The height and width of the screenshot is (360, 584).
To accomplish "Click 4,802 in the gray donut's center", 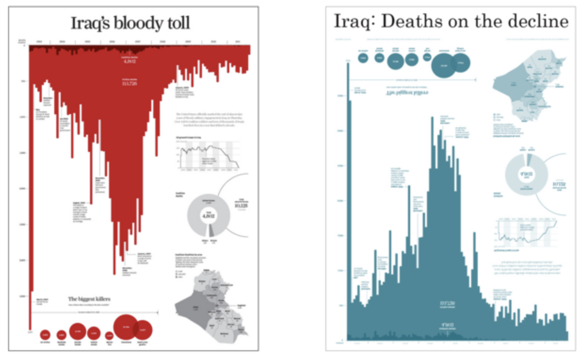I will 209,216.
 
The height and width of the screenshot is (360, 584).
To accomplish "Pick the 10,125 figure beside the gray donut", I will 241,205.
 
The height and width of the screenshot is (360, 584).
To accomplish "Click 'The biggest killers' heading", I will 89,299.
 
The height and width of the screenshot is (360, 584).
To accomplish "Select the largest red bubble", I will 126,327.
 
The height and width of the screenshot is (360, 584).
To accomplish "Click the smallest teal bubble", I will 427,57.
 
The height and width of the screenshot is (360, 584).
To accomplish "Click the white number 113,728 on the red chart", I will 130,83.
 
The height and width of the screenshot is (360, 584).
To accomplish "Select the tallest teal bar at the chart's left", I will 348,194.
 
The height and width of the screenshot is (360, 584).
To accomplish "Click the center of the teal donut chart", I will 526,175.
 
